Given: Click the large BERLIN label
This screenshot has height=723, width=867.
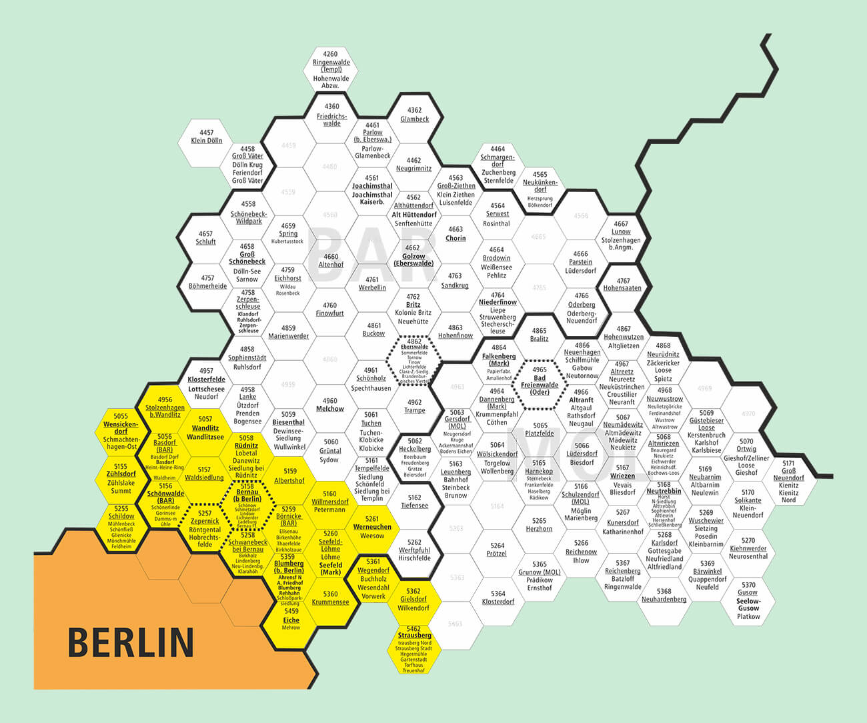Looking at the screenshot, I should click(x=131, y=642).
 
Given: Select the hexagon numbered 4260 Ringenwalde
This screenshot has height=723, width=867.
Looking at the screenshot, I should click(x=331, y=69).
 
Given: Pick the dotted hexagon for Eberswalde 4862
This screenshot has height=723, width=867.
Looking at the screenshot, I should click(x=414, y=361).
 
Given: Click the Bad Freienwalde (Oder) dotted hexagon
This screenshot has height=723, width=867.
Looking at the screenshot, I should click(x=540, y=382).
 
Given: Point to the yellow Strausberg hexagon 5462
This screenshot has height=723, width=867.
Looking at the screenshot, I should click(x=413, y=648).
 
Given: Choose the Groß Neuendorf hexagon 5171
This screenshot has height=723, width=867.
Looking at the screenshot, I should click(x=788, y=480).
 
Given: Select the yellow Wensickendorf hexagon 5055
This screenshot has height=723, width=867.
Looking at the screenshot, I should click(x=121, y=430).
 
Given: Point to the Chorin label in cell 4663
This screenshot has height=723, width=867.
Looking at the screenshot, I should click(x=456, y=238).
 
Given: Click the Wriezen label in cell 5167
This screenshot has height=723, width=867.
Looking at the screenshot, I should click(x=622, y=476).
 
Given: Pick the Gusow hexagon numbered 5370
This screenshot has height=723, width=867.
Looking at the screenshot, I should click(x=748, y=600).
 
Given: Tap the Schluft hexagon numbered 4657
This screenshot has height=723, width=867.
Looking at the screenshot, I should click(x=205, y=238).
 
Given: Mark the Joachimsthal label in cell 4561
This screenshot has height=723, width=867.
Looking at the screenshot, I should click(x=372, y=186).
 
